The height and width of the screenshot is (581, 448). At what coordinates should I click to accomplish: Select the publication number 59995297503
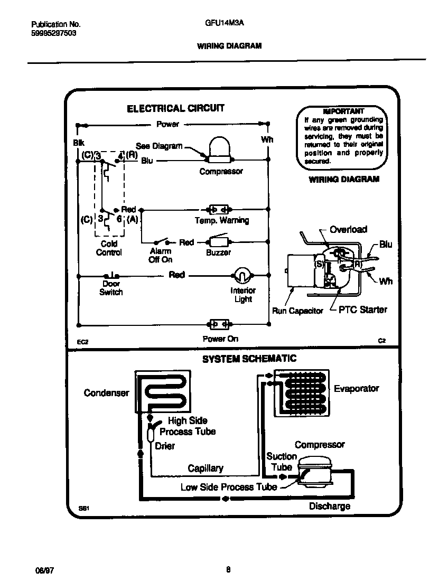click(53, 33)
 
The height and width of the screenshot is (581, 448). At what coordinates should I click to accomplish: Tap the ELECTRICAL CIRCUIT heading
click(175, 108)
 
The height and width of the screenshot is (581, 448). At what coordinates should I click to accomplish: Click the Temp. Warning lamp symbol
click(219, 209)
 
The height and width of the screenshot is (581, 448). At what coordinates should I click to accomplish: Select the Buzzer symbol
click(219, 242)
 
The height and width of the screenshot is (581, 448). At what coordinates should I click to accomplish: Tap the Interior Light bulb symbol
click(241, 275)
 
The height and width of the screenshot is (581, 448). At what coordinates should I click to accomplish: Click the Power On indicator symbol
click(219, 324)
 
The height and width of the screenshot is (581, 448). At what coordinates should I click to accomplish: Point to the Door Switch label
click(111, 288)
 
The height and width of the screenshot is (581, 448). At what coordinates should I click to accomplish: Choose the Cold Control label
click(109, 248)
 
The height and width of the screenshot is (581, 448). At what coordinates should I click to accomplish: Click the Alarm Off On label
click(160, 256)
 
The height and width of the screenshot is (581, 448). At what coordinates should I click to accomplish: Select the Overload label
click(348, 229)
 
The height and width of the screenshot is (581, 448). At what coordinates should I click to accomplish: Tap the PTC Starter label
click(362, 310)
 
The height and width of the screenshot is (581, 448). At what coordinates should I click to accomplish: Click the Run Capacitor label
click(297, 311)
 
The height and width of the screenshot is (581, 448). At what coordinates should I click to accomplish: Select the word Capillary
click(206, 468)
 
